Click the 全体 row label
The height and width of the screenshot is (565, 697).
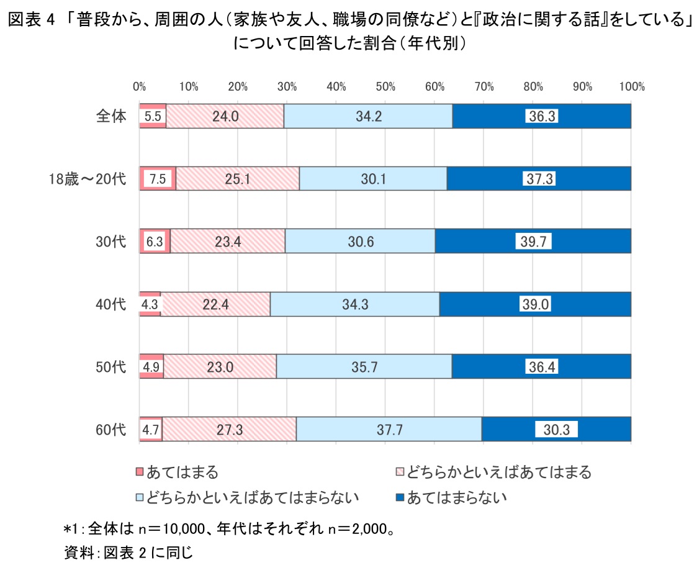(111, 116)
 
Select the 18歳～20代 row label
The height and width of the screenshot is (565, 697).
(88, 179)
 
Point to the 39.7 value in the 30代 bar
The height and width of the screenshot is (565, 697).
(533, 242)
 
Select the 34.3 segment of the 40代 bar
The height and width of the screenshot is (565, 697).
(354, 304)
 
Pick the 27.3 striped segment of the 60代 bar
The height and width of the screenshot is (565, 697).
(230, 429)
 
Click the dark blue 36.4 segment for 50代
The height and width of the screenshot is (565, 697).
(541, 366)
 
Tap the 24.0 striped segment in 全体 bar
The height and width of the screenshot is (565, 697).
(225, 116)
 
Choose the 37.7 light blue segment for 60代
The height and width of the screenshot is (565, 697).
(389, 429)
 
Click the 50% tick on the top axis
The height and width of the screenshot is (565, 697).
(385, 87)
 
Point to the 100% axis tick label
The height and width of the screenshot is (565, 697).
(632, 87)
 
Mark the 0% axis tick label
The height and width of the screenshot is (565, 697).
(140, 87)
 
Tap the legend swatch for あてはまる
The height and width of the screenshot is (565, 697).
(140, 472)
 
